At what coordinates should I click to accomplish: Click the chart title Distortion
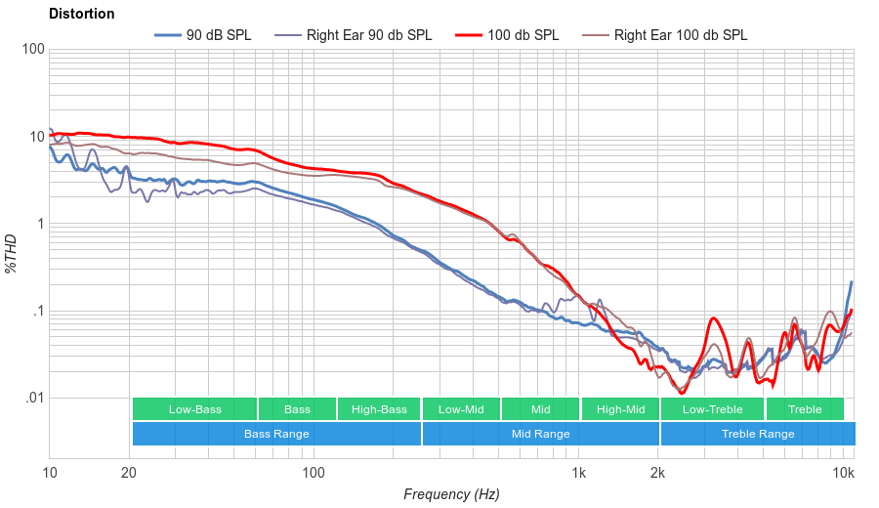(81, 15)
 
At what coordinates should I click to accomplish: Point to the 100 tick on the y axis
(32, 50)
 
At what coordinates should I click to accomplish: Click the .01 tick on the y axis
(32, 399)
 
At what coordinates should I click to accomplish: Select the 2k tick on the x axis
(658, 474)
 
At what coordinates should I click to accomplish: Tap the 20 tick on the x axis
(129, 474)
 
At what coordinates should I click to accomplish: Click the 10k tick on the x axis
(844, 474)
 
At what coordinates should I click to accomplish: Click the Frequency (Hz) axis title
(451, 494)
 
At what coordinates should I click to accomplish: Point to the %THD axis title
(12, 253)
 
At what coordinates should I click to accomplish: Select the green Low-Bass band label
(194, 409)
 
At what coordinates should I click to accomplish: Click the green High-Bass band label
(379, 409)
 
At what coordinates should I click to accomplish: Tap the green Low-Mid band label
(461, 409)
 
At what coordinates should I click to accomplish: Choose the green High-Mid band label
(621, 409)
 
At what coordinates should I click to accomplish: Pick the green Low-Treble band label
(713, 409)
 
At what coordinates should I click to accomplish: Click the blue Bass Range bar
(276, 434)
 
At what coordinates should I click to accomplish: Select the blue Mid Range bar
(541, 434)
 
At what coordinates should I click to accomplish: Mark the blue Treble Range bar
(758, 434)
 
